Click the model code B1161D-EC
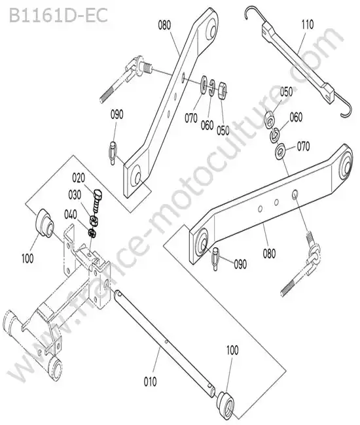coord(58,15)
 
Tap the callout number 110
coord(308,24)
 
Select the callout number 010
coord(151,382)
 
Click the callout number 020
coord(79,178)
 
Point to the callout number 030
coord(75,195)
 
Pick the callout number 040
coord(71,214)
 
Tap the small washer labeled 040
coord(92,233)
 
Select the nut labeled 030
coord(95,220)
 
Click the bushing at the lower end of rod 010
coord(226,402)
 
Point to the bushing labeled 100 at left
coord(44,224)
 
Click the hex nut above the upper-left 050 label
coord(223,90)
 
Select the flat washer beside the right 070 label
coord(280,150)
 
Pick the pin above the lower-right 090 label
coord(215,259)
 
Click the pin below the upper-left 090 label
coord(113,153)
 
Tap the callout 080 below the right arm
coord(269,253)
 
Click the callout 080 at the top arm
coord(164,25)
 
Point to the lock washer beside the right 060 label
coord(274,135)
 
